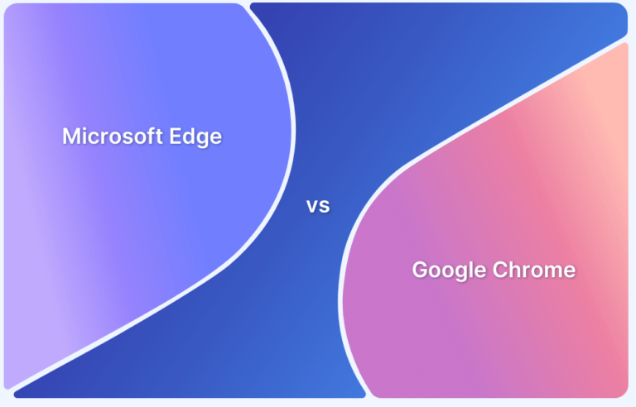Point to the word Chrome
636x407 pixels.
pos(532,270)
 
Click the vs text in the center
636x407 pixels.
pos(318,206)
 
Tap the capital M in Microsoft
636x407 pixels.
pos(71,136)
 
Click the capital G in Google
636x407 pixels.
pos(421,270)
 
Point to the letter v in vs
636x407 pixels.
pos(313,207)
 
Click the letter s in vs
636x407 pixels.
pos(325,207)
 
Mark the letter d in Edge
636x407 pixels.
pos(192,136)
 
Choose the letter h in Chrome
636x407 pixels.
pos(514,270)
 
